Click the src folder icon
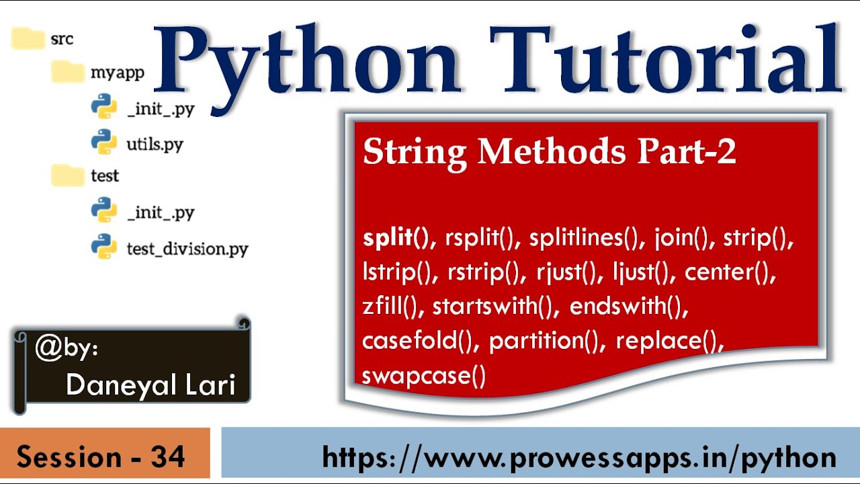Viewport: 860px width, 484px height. click(28, 38)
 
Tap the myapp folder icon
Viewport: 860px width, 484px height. click(68, 72)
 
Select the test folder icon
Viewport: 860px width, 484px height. click(68, 175)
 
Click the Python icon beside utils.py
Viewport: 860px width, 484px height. click(104, 142)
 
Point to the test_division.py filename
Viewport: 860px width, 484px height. click(187, 249)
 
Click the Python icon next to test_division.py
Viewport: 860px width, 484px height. click(104, 246)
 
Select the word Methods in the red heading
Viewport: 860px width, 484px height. click(552, 151)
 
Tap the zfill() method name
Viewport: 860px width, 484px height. click(390, 306)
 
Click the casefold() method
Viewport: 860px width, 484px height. click(417, 341)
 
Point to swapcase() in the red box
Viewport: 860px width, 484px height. click(424, 376)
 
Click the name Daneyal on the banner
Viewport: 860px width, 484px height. click(122, 386)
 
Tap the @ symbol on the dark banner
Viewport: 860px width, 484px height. click(49, 348)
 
